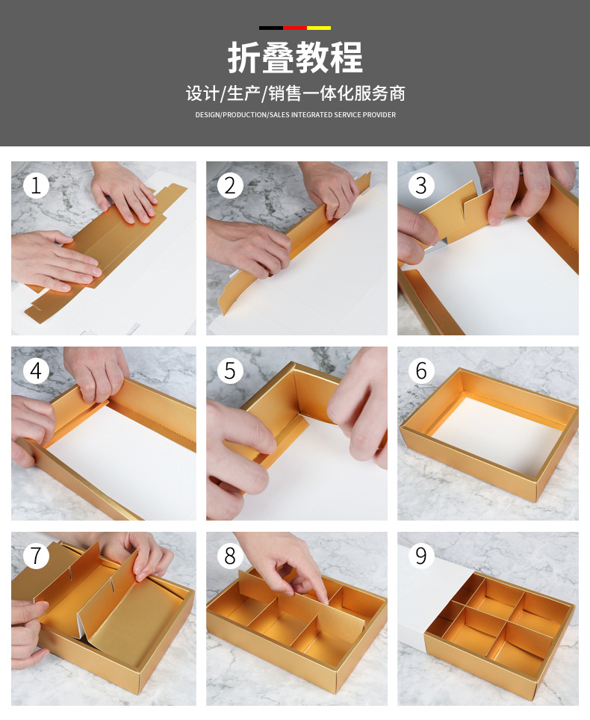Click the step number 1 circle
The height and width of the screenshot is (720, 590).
[x=36, y=185]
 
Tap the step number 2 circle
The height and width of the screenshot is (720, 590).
[x=230, y=185]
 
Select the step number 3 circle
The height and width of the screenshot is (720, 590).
[x=421, y=185]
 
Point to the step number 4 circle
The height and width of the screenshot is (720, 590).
[x=36, y=370]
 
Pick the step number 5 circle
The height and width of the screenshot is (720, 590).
[x=230, y=370]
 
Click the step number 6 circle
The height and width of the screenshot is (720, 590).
[x=421, y=370]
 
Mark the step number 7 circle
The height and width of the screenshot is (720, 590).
[x=36, y=556]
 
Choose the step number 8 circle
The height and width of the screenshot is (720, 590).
[x=230, y=556]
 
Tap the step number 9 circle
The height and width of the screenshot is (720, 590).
[x=421, y=556]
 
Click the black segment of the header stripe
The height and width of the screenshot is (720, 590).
[x=271, y=28]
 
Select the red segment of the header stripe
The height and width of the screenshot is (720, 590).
[x=295, y=28]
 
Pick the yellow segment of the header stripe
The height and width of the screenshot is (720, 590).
[x=319, y=28]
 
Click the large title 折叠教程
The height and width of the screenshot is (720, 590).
[x=295, y=58]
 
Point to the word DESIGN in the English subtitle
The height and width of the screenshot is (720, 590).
[x=208, y=115]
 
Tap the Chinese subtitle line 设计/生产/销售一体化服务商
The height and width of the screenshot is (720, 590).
[x=295, y=93]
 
